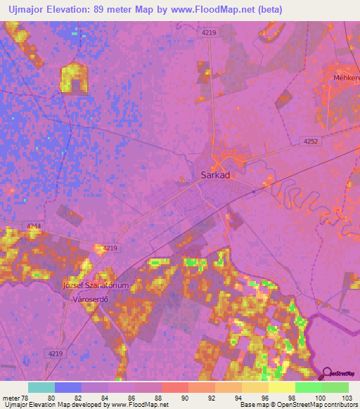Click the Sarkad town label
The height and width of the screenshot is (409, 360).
coord(207,176)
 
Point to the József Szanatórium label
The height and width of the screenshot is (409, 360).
coord(96,285)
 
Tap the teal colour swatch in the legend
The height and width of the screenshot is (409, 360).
coord(41,387)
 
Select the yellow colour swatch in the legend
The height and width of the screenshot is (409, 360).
coord(281,387)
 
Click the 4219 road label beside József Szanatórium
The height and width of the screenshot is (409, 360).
coord(109,248)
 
